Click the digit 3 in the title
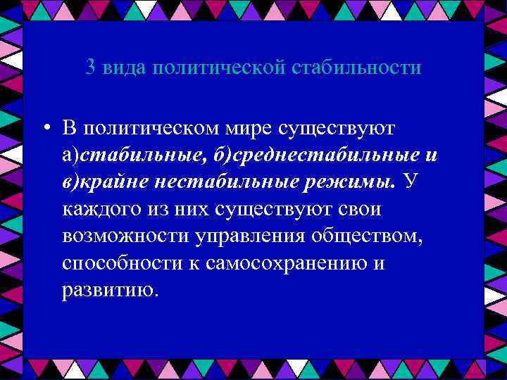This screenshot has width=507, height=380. [90, 68]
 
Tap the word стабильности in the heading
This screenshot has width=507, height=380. [356, 68]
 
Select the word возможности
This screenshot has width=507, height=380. [123, 236]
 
